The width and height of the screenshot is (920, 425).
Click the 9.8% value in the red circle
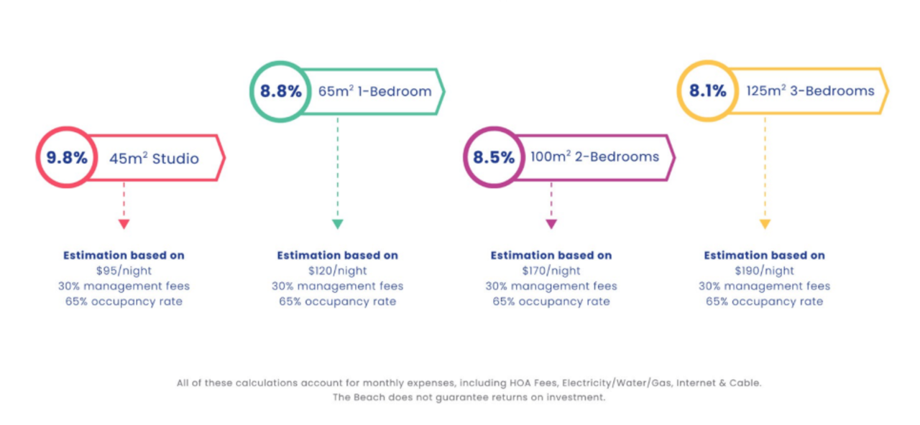67,158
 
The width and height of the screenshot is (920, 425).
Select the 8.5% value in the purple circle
494,157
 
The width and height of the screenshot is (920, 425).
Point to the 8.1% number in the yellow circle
708,91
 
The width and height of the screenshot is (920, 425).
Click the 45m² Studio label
154,158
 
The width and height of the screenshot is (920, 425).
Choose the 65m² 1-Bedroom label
374,92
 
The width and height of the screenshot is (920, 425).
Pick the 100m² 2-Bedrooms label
594,157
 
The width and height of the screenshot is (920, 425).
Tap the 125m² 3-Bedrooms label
810,91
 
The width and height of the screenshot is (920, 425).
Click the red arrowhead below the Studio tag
124,224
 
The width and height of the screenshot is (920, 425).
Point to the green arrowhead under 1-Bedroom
337,224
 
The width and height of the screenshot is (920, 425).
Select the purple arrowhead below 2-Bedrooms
551,224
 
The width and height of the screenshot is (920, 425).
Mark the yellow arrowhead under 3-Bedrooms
765,224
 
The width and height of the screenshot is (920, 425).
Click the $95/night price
124,271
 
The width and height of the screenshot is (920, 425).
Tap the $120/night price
337,271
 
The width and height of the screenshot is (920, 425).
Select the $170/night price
551,271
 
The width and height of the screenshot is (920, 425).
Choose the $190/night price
765,271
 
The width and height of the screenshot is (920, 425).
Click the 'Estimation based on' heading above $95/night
124,256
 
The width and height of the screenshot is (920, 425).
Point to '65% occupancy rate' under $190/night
765,302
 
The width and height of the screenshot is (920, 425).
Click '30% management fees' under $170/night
551,286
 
